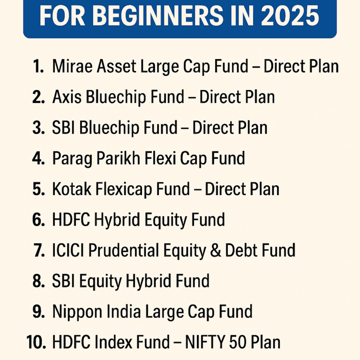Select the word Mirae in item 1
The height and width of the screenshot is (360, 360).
pos(70,67)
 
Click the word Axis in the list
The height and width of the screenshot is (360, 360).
pos(66,97)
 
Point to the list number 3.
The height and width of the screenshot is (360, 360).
pos(38,128)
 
